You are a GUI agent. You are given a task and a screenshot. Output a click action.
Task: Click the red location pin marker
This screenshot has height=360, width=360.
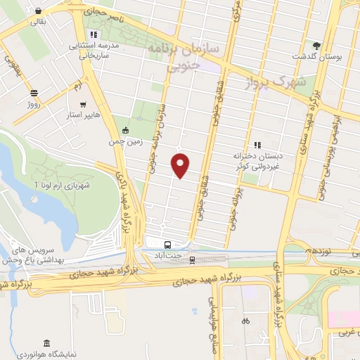[181, 165]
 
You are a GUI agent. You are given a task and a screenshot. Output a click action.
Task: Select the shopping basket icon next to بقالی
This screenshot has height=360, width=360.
[37, 11]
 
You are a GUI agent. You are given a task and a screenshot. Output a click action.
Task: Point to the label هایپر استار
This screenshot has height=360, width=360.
[84, 114]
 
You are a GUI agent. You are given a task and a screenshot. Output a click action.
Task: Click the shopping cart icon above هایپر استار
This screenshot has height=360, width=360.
[84, 104]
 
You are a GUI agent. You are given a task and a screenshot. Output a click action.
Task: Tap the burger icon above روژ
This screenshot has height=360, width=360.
[34, 93]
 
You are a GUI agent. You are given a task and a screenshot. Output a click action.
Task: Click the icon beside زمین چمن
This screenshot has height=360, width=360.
[125, 129]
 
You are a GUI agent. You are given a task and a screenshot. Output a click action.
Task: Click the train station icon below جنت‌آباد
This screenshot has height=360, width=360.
[191, 260]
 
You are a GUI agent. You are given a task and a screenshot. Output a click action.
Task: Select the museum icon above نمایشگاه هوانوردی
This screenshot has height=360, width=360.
[46, 343]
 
